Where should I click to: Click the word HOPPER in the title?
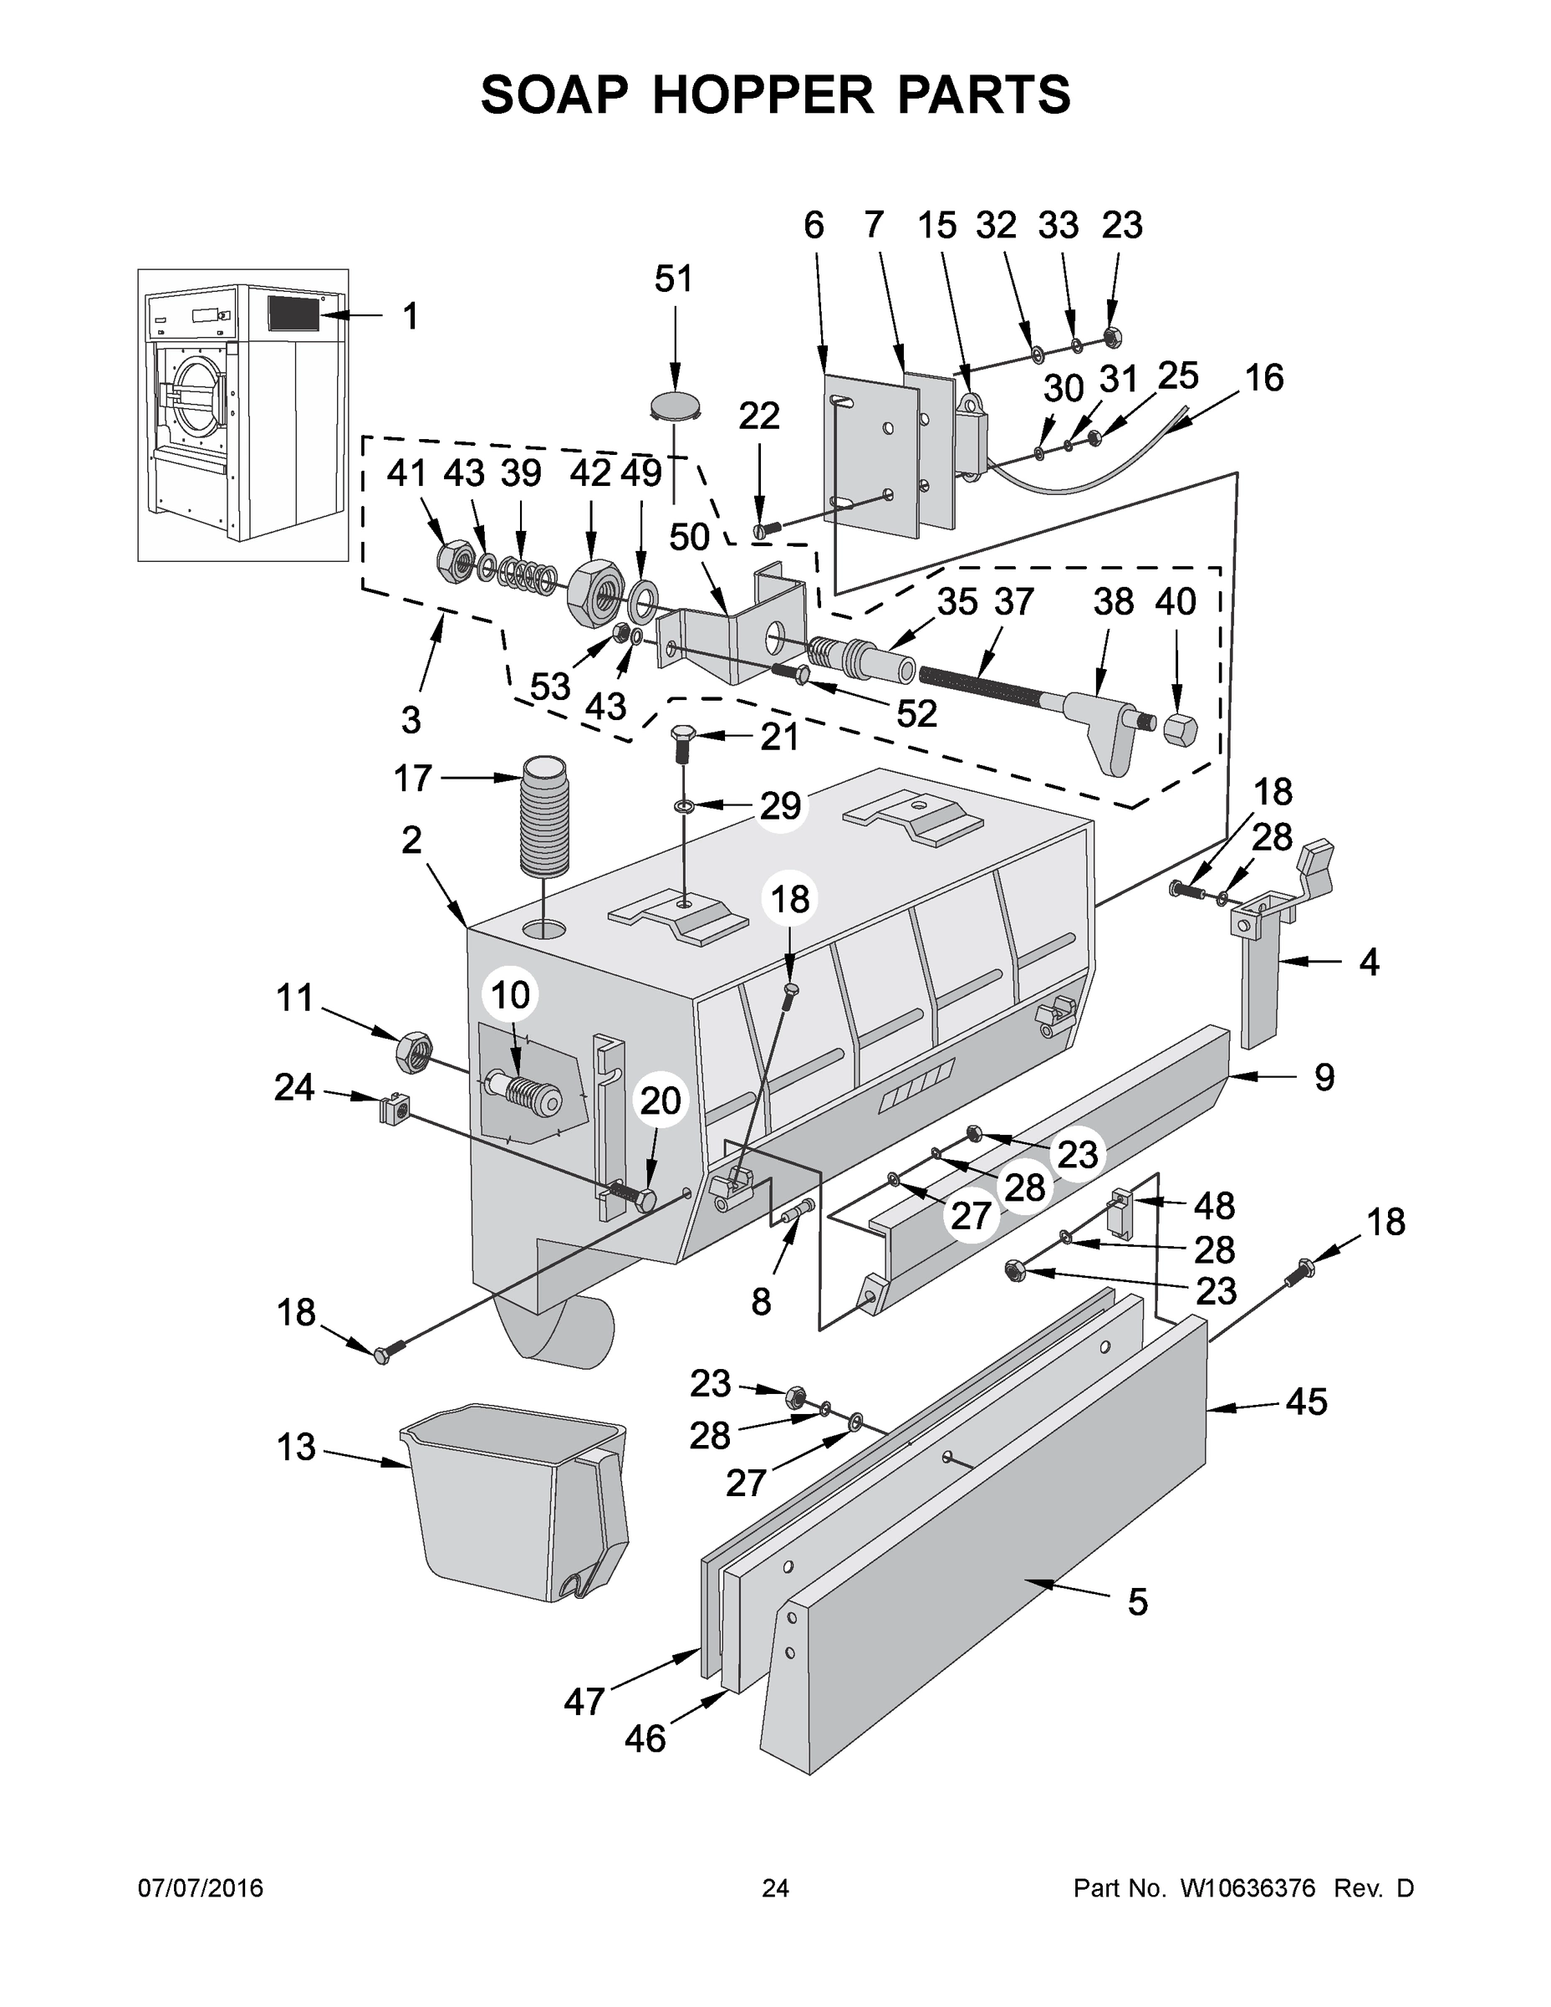pos(763,94)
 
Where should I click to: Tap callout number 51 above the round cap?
pos(674,278)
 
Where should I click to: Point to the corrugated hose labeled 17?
pos(545,816)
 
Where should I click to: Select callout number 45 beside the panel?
pos(1306,1402)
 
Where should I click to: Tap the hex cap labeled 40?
pos(1180,731)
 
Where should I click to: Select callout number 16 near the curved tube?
pos(1263,379)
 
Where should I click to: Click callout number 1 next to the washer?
pos(410,316)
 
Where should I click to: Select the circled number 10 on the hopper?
pos(511,994)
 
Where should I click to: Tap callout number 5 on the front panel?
pos(1136,1602)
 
